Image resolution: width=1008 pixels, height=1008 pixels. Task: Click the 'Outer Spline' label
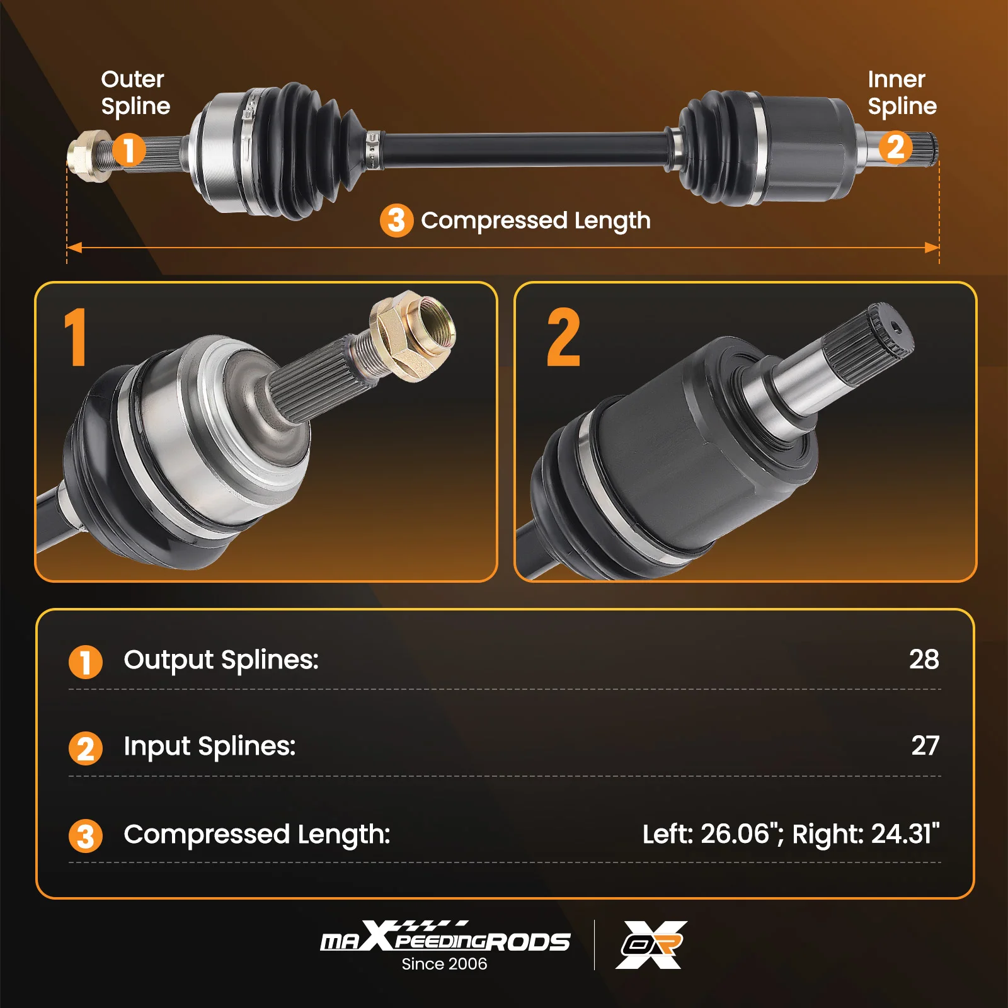135,93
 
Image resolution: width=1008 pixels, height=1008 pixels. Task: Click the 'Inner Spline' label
902,93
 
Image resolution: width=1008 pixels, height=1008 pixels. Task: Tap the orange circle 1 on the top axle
129,150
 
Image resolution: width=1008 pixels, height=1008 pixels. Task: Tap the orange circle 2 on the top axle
895,147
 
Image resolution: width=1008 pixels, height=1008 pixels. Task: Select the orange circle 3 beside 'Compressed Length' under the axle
396,220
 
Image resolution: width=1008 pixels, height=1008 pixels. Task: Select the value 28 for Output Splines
924,659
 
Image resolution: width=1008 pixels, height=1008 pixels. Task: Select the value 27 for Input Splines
925,745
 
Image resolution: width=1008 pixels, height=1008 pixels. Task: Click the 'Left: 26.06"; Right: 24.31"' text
791,833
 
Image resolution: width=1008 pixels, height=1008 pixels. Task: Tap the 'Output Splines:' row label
221,660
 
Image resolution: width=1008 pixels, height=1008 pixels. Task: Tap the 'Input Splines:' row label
210,747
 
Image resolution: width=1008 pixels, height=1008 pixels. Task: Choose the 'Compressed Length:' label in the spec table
257,835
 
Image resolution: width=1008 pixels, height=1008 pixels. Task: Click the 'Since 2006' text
444,964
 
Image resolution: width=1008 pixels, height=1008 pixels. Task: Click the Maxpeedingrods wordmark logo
445,936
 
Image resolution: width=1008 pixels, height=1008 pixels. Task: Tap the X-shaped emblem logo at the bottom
651,944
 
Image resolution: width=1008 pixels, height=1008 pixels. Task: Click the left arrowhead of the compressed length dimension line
74,248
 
